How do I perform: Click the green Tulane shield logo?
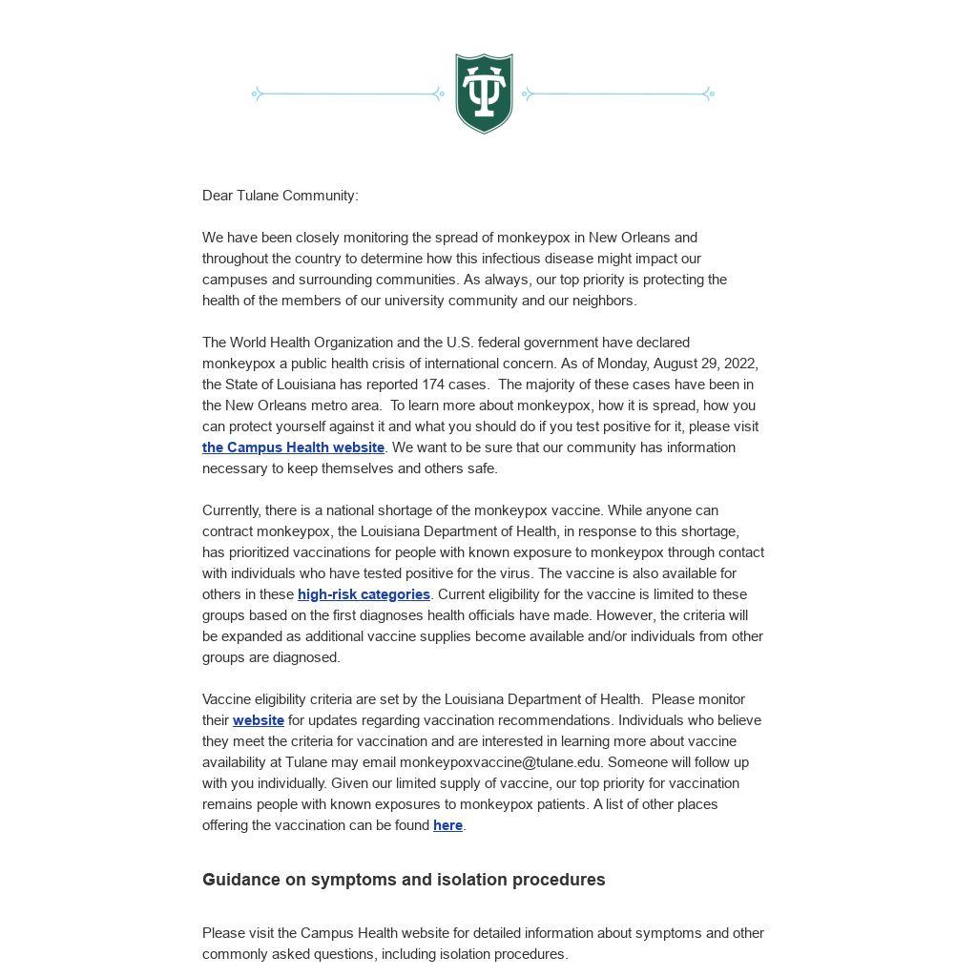click(484, 93)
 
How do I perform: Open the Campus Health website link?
click(293, 447)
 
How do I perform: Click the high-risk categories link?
click(364, 594)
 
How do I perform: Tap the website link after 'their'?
click(259, 720)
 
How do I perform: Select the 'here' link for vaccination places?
click(447, 825)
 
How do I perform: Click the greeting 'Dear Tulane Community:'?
click(281, 196)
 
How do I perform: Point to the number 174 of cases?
click(433, 385)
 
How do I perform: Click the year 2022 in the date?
click(740, 364)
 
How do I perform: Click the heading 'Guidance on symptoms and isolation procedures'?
click(404, 880)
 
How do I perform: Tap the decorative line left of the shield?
click(347, 94)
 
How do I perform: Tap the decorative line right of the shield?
click(618, 94)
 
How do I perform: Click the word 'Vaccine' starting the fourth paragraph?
click(227, 699)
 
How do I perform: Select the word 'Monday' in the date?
click(621, 364)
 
